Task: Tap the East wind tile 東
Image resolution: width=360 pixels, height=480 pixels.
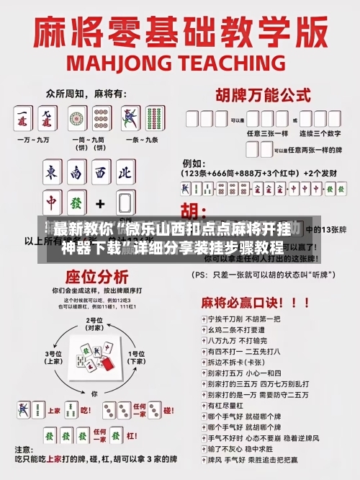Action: [x=51, y=172]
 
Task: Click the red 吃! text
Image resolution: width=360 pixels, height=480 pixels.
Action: [x=85, y=412]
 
